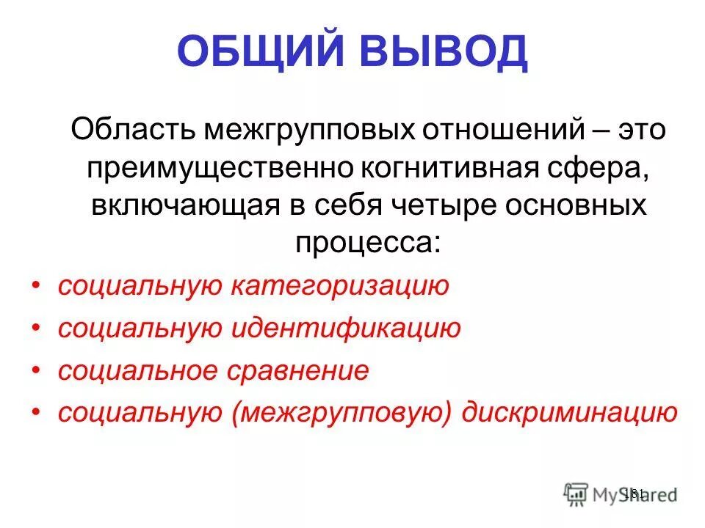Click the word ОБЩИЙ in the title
pyautogui.click(x=259, y=53)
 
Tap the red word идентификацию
pyautogui.click(x=347, y=329)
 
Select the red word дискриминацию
pyautogui.click(x=569, y=414)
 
